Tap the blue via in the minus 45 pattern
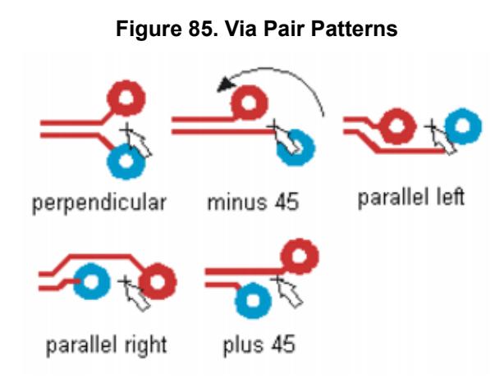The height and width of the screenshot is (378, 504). pyautogui.click(x=296, y=148)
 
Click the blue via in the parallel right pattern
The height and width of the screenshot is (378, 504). pyautogui.click(x=92, y=281)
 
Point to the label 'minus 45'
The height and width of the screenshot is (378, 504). pyautogui.click(x=250, y=203)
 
